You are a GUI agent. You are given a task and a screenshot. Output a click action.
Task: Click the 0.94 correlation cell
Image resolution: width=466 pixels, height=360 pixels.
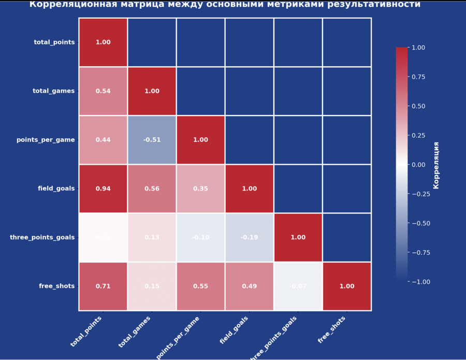(103, 189)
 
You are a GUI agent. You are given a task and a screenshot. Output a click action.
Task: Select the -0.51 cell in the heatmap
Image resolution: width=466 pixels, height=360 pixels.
(152, 140)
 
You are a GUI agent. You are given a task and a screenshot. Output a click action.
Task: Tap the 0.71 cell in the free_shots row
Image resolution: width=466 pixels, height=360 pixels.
(103, 286)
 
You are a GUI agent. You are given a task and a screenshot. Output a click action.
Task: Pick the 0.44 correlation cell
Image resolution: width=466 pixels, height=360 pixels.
(103, 140)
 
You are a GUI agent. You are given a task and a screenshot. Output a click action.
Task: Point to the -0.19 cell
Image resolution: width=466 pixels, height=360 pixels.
(249, 237)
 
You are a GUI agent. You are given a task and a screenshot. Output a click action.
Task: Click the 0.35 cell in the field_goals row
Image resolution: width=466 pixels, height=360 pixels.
(200, 189)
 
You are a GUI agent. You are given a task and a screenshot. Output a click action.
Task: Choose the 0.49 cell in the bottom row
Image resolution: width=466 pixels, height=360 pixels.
(249, 286)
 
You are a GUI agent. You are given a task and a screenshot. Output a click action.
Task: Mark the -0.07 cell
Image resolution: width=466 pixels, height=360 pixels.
(298, 286)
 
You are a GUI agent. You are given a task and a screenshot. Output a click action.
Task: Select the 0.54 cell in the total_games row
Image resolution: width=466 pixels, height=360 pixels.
(103, 91)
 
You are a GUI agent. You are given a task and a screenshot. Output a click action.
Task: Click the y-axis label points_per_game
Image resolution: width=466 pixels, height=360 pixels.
(46, 140)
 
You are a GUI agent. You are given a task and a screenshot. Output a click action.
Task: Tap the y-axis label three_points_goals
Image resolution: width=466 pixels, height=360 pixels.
(42, 237)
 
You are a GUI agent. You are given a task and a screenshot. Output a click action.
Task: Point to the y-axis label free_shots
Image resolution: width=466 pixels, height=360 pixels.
(57, 286)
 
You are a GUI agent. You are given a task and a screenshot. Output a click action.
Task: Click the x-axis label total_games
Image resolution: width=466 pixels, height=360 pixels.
(135, 332)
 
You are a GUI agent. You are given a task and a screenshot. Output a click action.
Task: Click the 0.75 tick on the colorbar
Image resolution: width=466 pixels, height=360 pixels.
(418, 77)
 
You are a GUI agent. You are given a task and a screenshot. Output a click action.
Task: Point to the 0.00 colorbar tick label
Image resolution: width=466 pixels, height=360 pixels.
(418, 165)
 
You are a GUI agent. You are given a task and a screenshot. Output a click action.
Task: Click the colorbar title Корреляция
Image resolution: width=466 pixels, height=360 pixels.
(436, 165)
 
